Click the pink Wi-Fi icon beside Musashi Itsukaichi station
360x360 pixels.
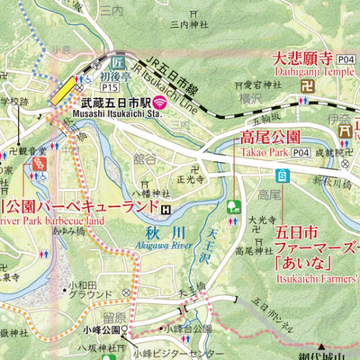(x=158, y=101)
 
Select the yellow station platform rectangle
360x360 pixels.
(x=65, y=88)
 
